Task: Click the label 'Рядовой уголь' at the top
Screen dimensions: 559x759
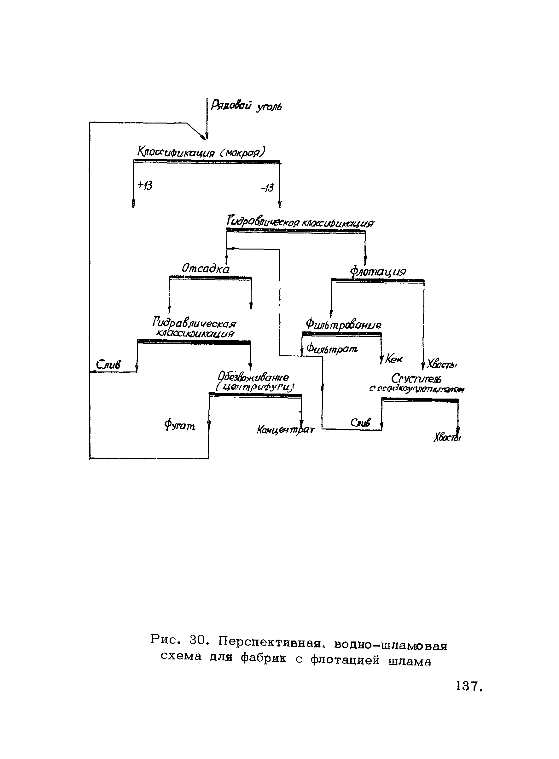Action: pos(246,106)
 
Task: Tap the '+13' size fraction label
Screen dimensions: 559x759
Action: pos(145,185)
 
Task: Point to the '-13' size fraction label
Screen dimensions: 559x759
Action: pos(267,187)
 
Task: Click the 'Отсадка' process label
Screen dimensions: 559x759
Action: pos(205,268)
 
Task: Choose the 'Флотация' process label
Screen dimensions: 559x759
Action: pos(378,272)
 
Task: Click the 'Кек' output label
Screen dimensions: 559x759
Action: pos(394,359)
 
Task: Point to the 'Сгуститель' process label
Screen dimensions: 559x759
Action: pos(416,378)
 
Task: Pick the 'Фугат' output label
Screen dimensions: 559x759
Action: pos(180,425)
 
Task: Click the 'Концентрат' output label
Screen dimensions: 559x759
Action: pos(286,430)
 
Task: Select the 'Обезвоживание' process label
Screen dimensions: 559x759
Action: pos(253,376)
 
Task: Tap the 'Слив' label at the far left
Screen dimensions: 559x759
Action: pos(108,365)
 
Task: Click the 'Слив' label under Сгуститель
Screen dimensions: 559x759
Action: pos(360,422)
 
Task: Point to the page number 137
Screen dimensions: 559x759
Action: pos(468,686)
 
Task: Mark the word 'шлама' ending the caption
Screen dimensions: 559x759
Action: pos(410,661)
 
